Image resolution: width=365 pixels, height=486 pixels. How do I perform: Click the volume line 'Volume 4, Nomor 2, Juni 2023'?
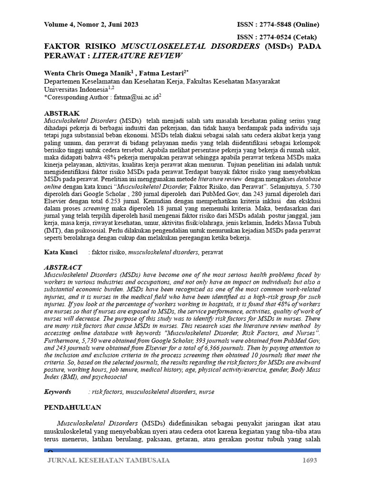point(91,25)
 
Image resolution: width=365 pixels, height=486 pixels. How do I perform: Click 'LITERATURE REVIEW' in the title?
point(137,56)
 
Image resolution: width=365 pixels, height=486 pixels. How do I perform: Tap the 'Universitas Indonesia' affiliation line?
point(76,89)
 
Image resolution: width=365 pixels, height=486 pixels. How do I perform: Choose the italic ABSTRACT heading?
point(63,268)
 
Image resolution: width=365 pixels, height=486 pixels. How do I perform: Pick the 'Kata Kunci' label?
point(61,252)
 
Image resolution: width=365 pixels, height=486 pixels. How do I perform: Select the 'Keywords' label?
point(58,392)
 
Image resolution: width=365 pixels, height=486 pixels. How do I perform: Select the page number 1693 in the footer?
point(309,460)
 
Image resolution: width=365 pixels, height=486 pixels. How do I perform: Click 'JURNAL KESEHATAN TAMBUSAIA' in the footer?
point(108,460)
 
